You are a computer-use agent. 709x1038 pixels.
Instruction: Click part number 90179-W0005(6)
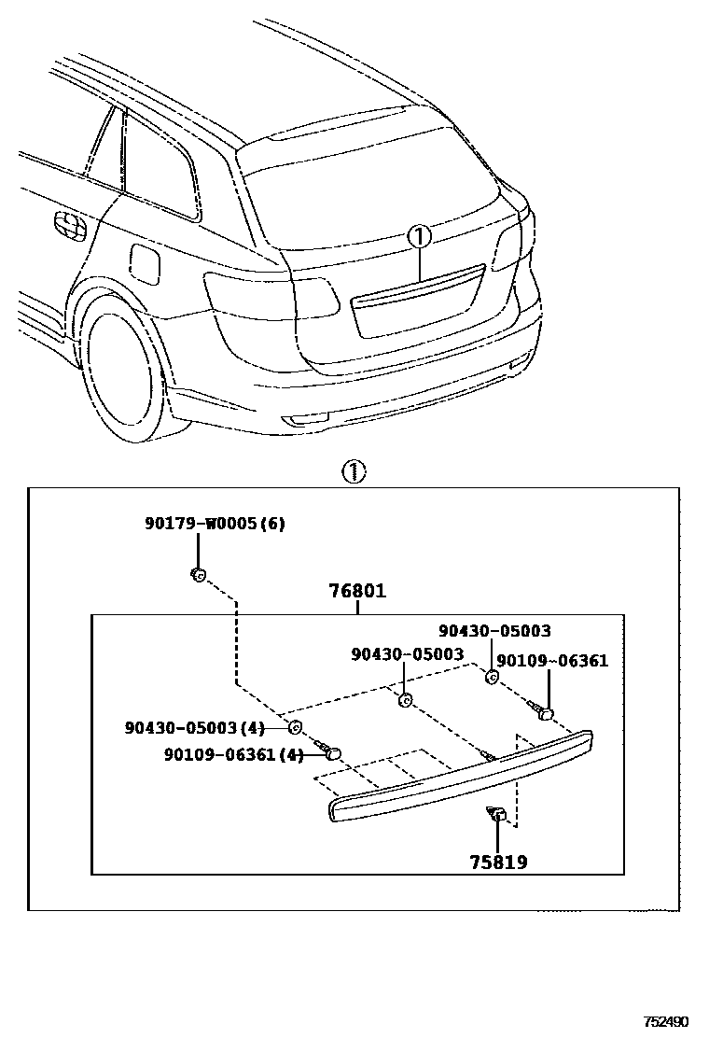[x=215, y=524]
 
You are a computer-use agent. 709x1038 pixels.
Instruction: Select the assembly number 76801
[x=356, y=591]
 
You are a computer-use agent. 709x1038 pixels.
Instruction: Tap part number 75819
[x=498, y=863]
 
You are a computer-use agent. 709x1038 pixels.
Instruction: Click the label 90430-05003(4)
[x=195, y=727]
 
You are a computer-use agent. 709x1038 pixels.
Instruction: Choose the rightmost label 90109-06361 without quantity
[x=551, y=661]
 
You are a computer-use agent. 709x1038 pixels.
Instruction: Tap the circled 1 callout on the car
[x=419, y=237]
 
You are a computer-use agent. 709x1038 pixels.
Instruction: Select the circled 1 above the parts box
[x=354, y=471]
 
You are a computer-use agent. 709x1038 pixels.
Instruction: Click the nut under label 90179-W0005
[x=198, y=575]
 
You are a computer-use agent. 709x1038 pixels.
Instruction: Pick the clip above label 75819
[x=498, y=815]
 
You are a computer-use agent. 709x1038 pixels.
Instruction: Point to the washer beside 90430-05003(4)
[x=294, y=728]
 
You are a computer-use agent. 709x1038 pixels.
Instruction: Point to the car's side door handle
[x=68, y=225]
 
